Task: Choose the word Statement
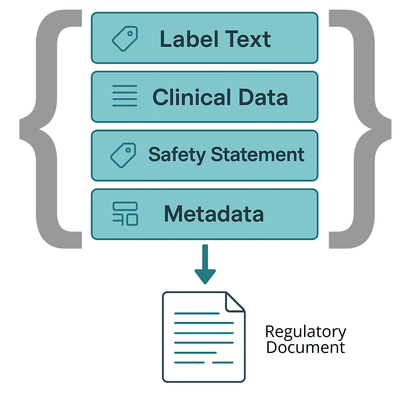tap(257, 154)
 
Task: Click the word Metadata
tap(213, 214)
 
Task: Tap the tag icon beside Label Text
tap(124, 39)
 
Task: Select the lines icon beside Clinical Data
tap(124, 96)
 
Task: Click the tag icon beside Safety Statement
tap(123, 155)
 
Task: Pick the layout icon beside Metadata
tap(125, 214)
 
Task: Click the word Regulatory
tap(306, 331)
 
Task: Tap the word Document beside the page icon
tap(306, 347)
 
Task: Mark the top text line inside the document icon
tap(197, 314)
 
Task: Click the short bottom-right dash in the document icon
tap(223, 362)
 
